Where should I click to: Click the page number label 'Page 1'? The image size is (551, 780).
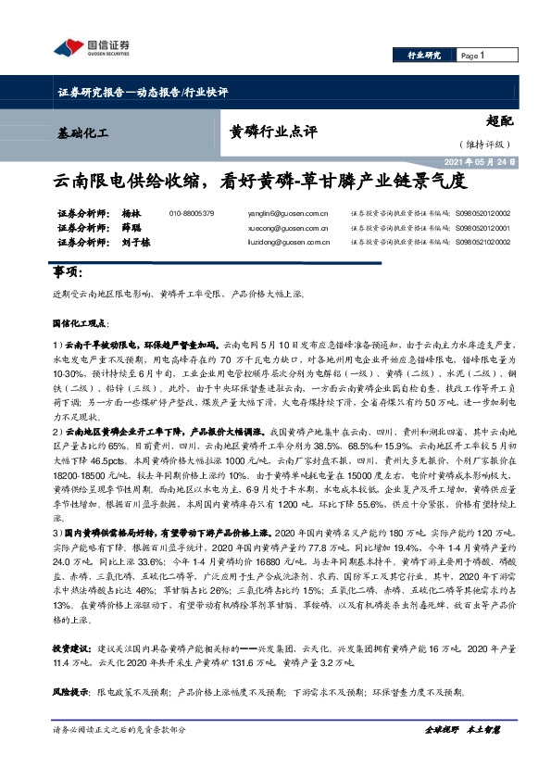[x=472, y=56]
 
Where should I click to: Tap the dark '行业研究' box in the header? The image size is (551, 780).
[x=424, y=56]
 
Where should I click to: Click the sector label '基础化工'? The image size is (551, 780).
[x=81, y=133]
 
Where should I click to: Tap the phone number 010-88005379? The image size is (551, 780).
[x=192, y=213]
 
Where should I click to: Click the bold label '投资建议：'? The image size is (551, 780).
[x=71, y=648]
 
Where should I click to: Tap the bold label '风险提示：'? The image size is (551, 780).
[x=71, y=691]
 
